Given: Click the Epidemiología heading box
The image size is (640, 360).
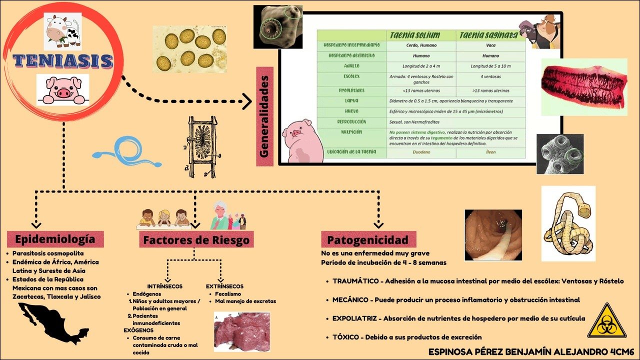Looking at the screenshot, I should [x=55, y=239].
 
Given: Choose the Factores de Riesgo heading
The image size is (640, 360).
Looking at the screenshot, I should [x=196, y=239].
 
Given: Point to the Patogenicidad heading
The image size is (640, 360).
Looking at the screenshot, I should [x=367, y=239].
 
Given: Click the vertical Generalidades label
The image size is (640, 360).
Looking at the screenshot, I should [x=265, y=116].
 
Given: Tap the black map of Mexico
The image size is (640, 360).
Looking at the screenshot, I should [x=52, y=322].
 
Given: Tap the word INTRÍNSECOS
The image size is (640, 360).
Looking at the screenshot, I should [x=165, y=286].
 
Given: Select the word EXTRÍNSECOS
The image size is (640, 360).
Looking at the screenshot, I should [x=225, y=286].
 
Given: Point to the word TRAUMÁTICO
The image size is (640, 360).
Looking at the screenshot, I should [x=355, y=281].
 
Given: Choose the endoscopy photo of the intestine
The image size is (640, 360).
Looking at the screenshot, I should [x=494, y=234].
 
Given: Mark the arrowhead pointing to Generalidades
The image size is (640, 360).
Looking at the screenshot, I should [x=246, y=102].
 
